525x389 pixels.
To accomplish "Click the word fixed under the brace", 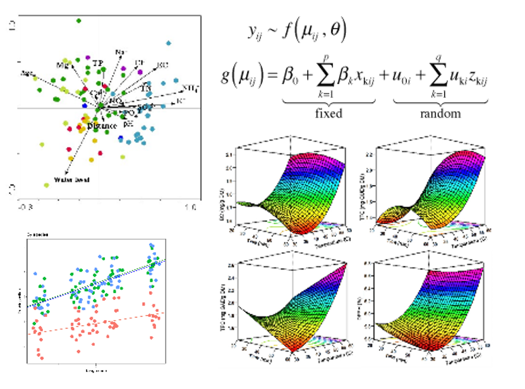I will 329,114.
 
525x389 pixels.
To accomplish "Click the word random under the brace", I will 440,114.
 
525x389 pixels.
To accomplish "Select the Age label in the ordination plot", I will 27,73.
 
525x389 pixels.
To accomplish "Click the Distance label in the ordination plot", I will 102,126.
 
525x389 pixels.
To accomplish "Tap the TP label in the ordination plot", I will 97,63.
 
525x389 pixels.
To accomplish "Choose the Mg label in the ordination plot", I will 62,65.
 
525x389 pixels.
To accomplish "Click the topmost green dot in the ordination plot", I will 79,21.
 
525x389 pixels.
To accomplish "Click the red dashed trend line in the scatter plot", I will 95,322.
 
